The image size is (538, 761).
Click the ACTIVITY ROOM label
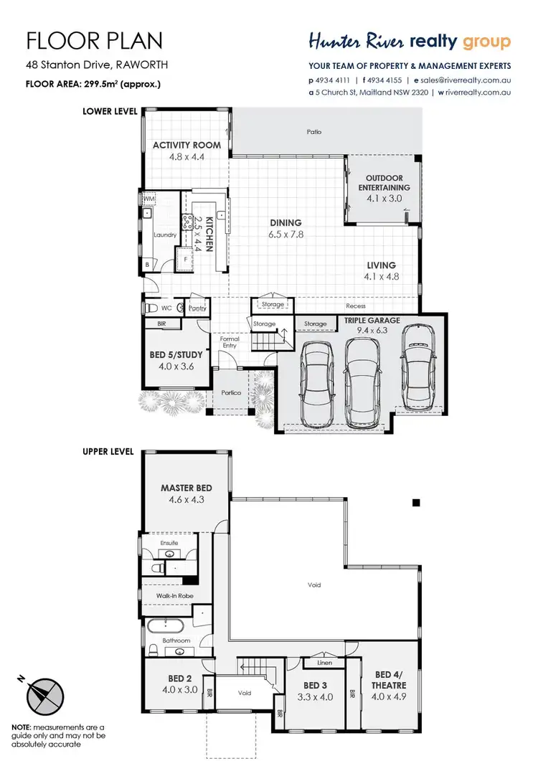coord(187,145)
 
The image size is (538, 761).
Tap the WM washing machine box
coord(148,199)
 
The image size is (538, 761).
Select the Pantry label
coord(198,308)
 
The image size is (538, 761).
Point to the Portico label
coord(230,392)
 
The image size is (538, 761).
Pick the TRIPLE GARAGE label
coord(372,320)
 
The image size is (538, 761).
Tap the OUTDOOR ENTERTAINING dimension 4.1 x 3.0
coord(384,199)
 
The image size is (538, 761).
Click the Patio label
coord(313,132)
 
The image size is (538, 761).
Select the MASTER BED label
coord(187,488)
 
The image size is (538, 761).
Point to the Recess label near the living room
coord(355,306)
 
